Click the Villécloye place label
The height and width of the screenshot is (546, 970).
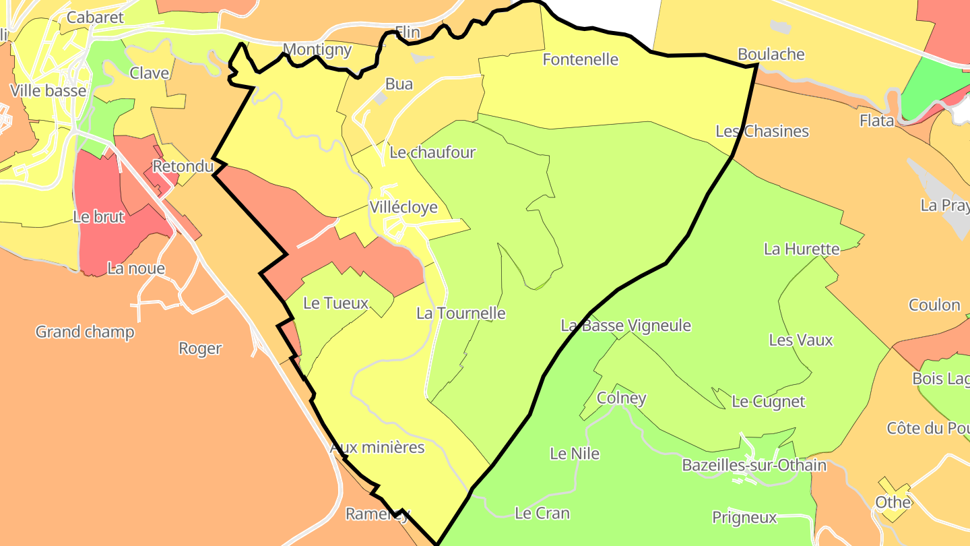point(403,208)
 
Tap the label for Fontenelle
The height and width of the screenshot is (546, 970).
point(580,59)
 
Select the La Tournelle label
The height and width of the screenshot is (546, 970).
point(461,313)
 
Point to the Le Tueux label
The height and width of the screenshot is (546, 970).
point(335,303)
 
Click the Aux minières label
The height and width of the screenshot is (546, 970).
point(377,448)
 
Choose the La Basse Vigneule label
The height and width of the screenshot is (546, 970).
point(626,326)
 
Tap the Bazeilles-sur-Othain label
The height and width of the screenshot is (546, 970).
point(754,465)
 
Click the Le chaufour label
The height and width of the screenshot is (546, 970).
point(432,152)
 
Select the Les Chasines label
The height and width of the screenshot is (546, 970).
point(762,131)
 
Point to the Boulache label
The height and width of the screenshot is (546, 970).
point(771,55)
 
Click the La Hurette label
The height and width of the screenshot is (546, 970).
point(802,249)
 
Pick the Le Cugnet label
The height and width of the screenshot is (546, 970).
point(769,402)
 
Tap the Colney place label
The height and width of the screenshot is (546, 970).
point(622,398)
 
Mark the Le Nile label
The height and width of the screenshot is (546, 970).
point(575,454)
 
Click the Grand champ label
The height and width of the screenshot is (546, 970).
point(85,332)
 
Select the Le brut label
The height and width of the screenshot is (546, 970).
point(99,218)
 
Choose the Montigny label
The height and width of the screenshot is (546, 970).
point(317,49)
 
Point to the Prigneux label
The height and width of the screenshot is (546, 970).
point(744,518)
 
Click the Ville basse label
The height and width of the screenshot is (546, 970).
point(48,91)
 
